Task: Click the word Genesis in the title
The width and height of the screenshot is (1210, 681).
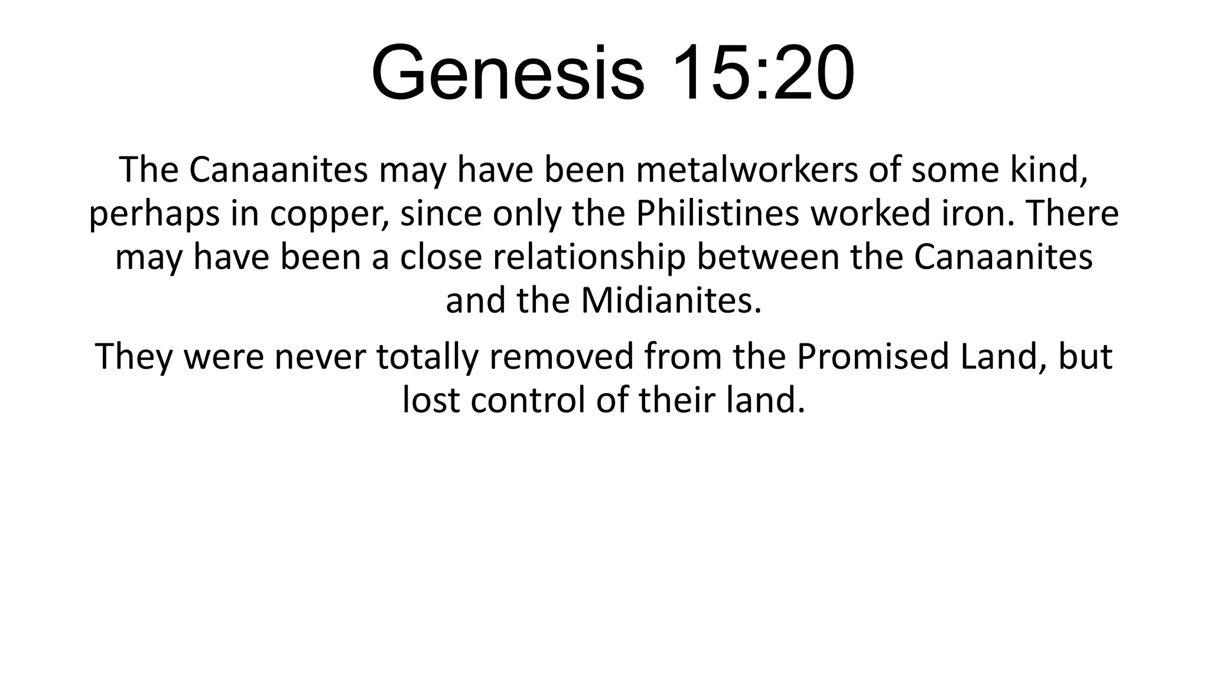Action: [508, 73]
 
